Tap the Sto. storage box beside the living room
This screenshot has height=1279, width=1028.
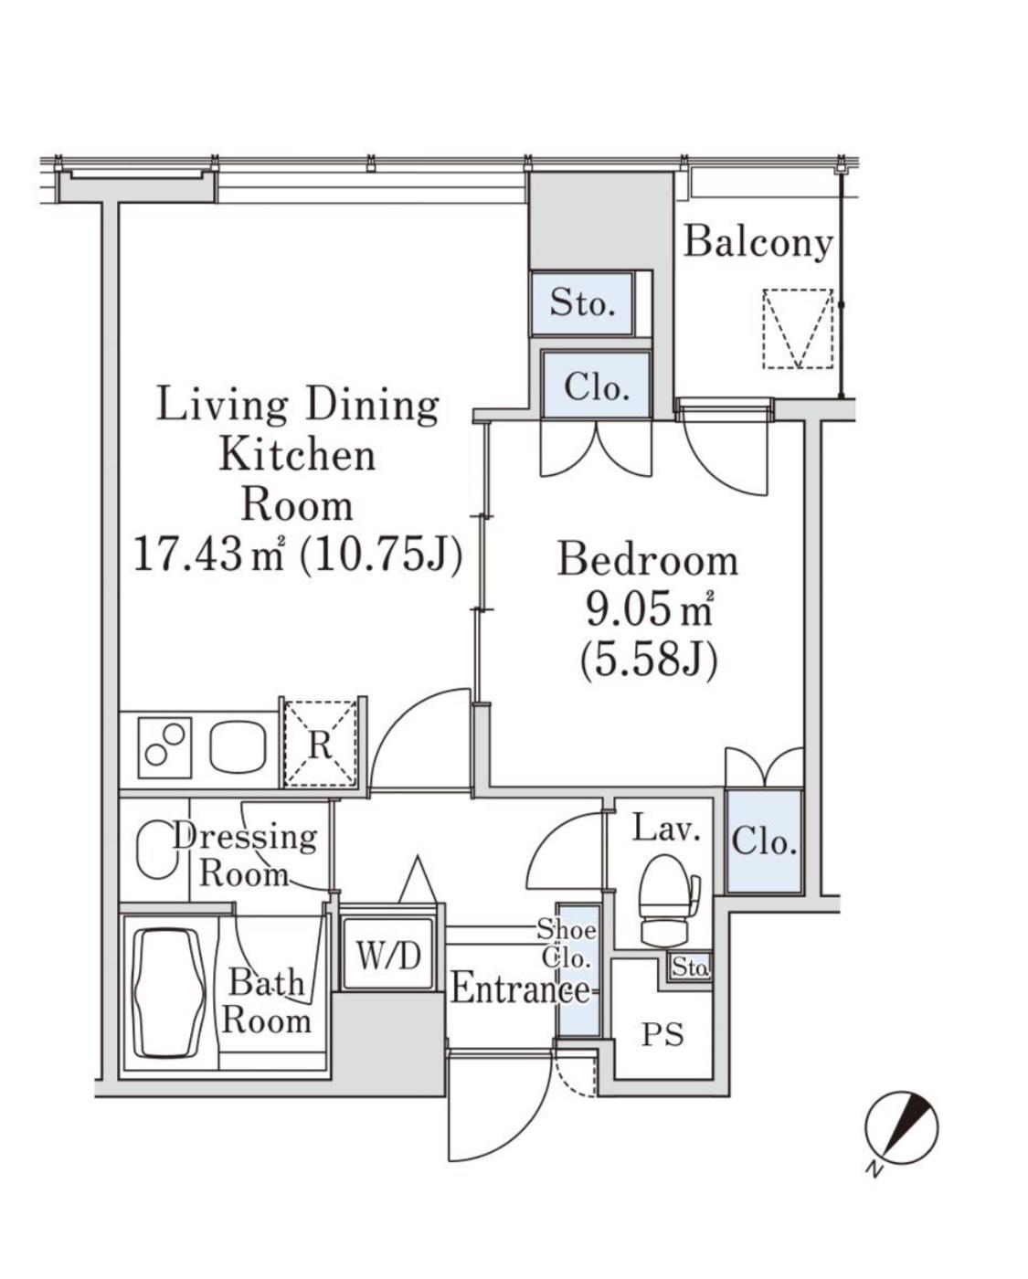[581, 303]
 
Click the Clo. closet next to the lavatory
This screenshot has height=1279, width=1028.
[764, 841]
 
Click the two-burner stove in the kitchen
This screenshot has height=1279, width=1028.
[164, 747]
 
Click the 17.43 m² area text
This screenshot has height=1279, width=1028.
[209, 554]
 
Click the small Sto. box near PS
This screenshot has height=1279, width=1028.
[690, 967]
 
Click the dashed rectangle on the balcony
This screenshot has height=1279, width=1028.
[798, 329]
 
